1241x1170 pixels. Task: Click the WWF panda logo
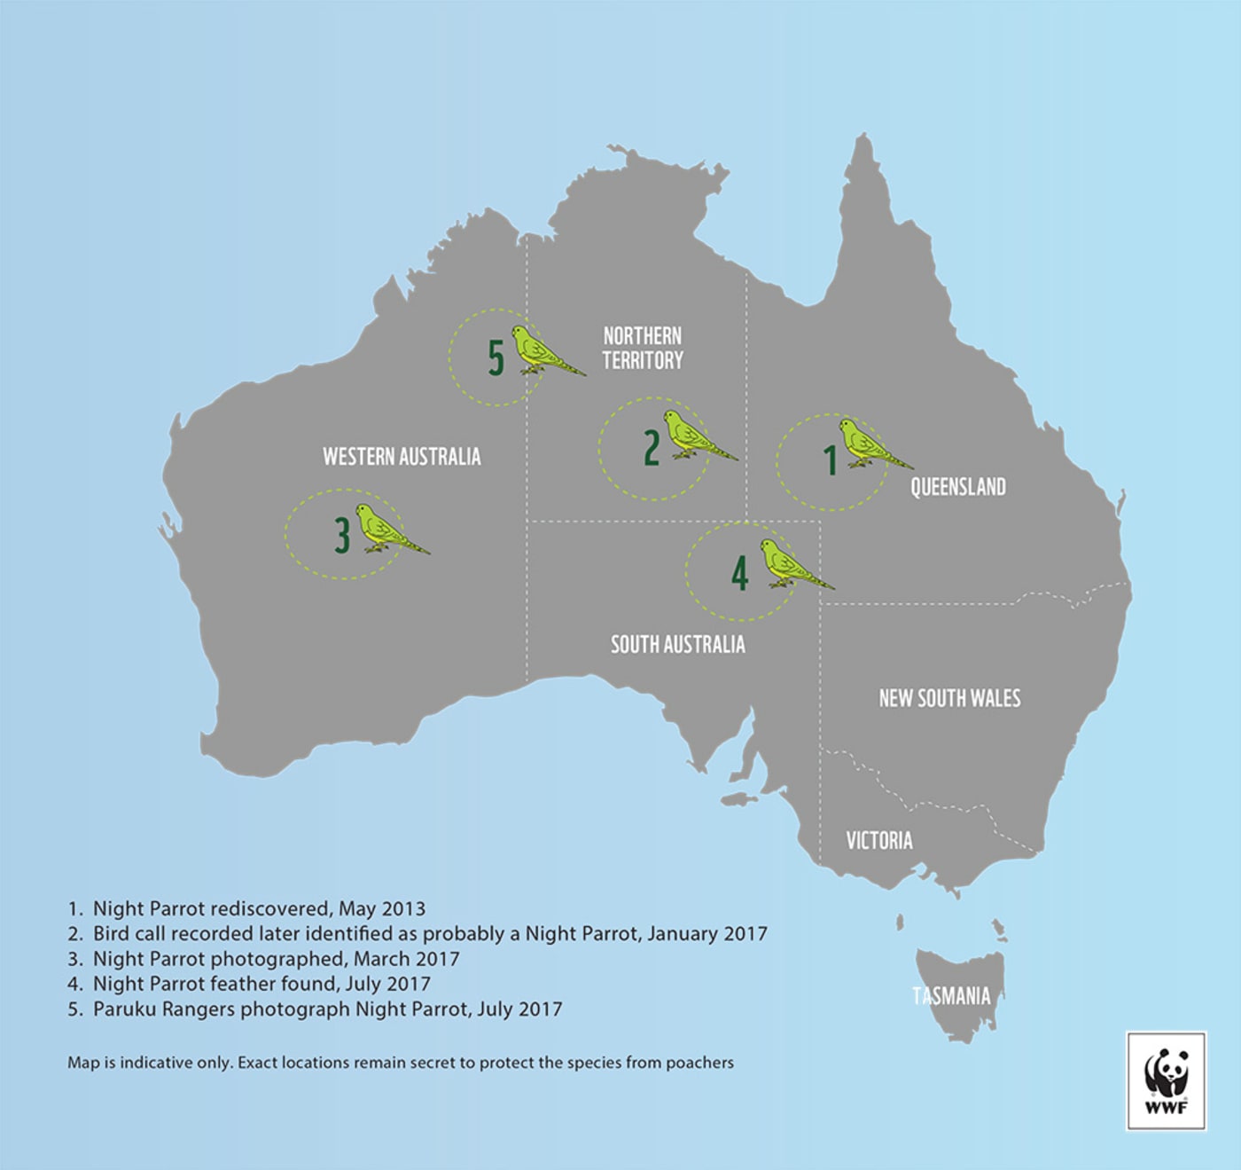[1166, 1080]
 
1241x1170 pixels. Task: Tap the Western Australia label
[402, 457]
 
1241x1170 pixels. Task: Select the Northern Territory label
[643, 348]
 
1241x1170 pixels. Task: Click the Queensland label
[958, 487]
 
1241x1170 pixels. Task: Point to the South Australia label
[677, 645]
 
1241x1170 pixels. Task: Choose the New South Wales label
[949, 699]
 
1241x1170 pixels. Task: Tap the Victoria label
[878, 841]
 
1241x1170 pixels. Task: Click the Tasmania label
[951, 996]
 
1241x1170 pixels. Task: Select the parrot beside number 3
[386, 530]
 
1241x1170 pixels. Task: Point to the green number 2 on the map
[652, 448]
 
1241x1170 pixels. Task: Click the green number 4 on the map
[740, 572]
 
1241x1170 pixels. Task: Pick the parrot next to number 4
[789, 565]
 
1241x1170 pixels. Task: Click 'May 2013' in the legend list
[382, 909]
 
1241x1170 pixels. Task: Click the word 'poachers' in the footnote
[699, 1063]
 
